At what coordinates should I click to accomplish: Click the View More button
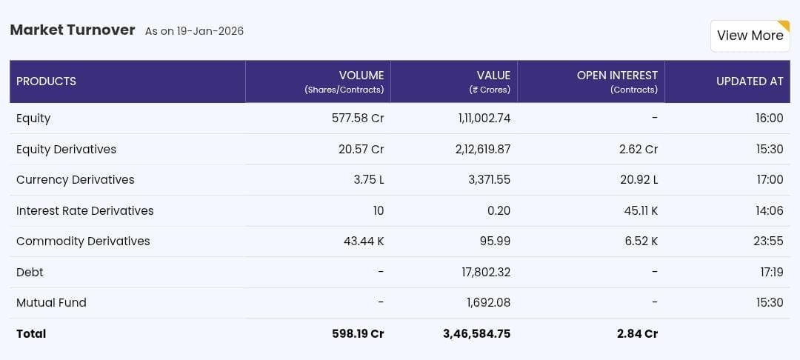coord(750,36)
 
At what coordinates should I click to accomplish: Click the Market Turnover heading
coord(73,30)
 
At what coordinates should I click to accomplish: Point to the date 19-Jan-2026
coord(210,31)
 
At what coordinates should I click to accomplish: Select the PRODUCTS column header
coord(46,81)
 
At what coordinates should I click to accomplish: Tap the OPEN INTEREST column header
coord(617,76)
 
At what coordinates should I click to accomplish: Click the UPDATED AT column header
coord(749,81)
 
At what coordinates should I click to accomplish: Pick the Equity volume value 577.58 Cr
coord(358,119)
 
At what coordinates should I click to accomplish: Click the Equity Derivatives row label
coord(66,150)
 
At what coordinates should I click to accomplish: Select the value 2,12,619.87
coord(483,150)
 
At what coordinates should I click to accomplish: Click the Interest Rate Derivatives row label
coord(84,211)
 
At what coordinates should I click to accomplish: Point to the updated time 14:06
coord(769,211)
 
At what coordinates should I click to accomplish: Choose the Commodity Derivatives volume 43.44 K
coord(364,241)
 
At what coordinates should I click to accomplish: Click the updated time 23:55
coord(769,241)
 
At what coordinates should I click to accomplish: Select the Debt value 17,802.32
coord(486,273)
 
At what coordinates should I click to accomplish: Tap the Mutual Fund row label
coord(51,303)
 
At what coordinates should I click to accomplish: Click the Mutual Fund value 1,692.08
coord(488,303)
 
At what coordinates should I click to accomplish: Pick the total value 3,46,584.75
coord(476,334)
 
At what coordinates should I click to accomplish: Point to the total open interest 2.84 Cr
coord(637,334)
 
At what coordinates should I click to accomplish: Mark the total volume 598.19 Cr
coord(358,334)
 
